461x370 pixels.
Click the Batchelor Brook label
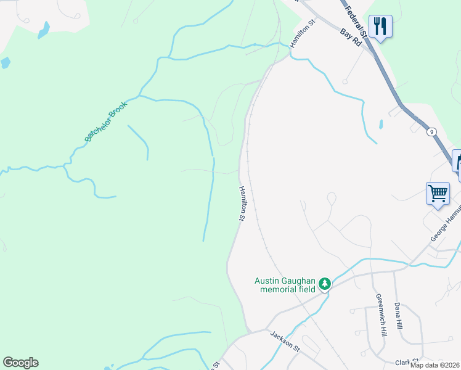click(105, 121)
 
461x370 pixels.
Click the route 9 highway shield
click(431, 131)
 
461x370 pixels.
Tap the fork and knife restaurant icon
click(380, 27)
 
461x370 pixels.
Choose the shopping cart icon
click(438, 193)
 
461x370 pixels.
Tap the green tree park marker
click(325, 284)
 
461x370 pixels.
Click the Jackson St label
click(285, 341)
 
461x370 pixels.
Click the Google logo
click(20, 363)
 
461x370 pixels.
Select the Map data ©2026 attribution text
click(435, 365)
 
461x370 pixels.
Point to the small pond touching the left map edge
click(5, 62)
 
